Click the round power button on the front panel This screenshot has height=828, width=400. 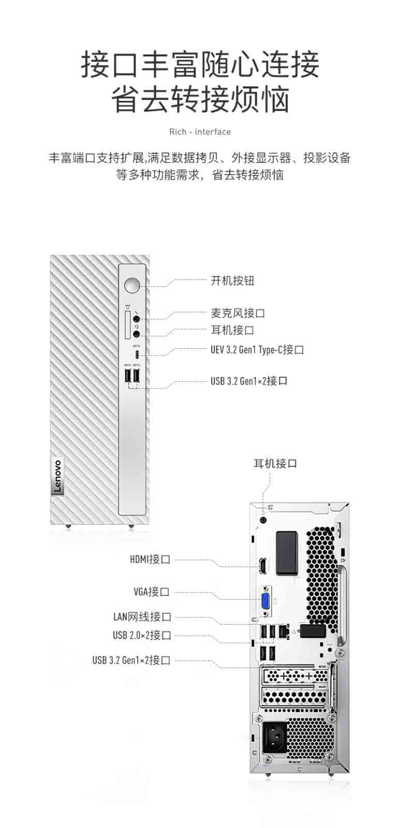pyautogui.click(x=132, y=285)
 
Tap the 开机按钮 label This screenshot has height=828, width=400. pyautogui.click(x=232, y=280)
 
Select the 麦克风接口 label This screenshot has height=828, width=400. pyautogui.click(x=238, y=314)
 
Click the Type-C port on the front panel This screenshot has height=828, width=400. pyautogui.click(x=137, y=355)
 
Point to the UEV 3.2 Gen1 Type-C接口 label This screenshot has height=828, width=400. pyautogui.click(x=257, y=349)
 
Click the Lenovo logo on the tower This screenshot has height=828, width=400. pyautogui.click(x=57, y=476)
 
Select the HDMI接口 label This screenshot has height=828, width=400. pyautogui.click(x=150, y=559)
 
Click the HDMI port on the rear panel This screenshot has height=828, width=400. pyautogui.click(x=263, y=566)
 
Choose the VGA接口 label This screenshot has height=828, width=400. pyautogui.click(x=152, y=592)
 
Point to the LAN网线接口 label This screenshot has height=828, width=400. pyautogui.click(x=142, y=616)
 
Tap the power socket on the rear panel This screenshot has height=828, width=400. pyautogui.click(x=275, y=740)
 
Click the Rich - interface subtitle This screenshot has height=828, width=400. pyautogui.click(x=200, y=132)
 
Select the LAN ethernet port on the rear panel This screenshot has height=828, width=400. pyautogui.click(x=284, y=631)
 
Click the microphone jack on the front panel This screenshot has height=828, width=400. pyautogui.click(x=137, y=318)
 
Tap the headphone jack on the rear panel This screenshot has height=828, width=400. pyautogui.click(x=263, y=520)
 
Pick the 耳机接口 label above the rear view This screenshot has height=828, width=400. pyautogui.click(x=275, y=464)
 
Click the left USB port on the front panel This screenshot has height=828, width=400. pyautogui.click(x=128, y=376)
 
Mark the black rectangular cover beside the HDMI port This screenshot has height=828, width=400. pyautogui.click(x=287, y=553)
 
